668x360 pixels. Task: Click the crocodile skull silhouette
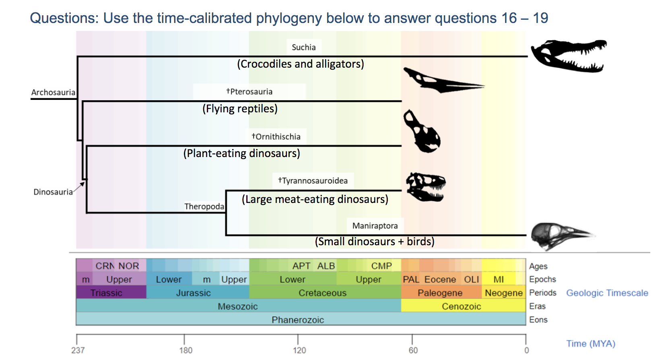(x=568, y=56)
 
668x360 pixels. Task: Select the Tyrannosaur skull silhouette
(x=426, y=187)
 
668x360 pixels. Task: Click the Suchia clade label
(x=303, y=47)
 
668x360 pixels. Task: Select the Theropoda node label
(x=204, y=207)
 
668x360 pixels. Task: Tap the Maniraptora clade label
(x=375, y=226)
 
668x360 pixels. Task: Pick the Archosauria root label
(x=53, y=92)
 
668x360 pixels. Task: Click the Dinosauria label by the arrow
(x=53, y=192)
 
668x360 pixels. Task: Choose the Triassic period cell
(x=106, y=293)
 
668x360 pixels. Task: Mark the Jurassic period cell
(x=193, y=293)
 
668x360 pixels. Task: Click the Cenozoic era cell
(x=461, y=306)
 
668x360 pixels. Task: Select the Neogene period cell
(x=503, y=293)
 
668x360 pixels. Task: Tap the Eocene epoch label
(x=440, y=279)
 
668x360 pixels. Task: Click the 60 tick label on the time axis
(x=413, y=350)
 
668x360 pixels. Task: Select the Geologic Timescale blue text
(x=607, y=293)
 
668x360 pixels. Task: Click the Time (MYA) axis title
(x=590, y=343)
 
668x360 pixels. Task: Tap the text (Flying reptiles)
(x=240, y=109)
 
